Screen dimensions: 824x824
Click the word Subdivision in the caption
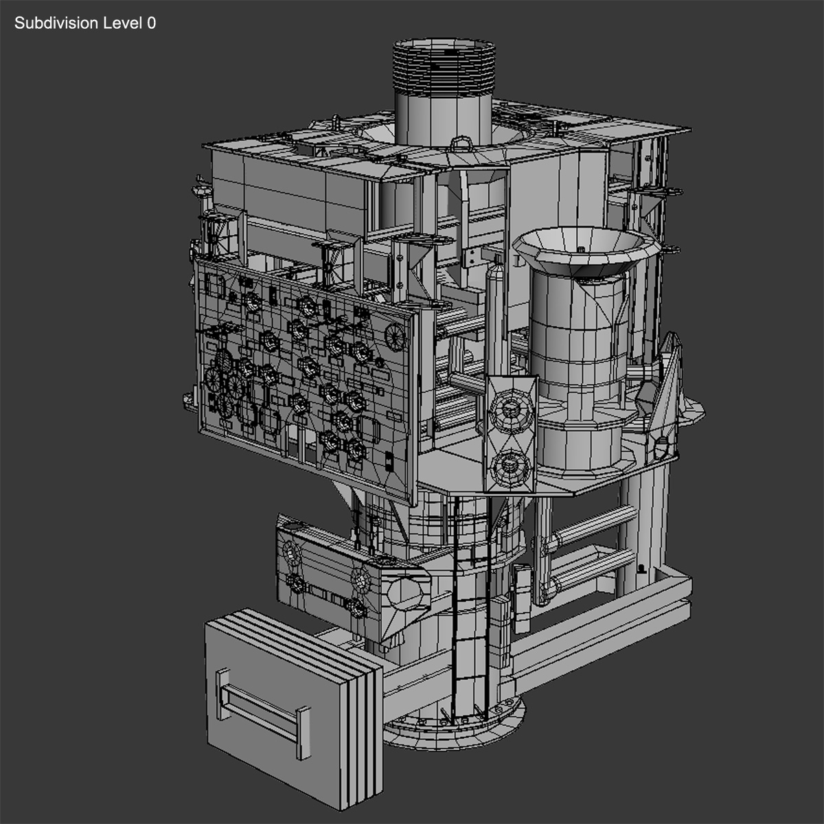point(56,23)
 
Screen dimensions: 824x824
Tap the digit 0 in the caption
point(151,23)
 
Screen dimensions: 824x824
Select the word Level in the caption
point(122,23)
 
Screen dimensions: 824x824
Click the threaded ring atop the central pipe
point(443,65)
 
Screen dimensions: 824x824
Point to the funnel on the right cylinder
point(582,251)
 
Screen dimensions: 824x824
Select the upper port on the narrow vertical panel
point(510,409)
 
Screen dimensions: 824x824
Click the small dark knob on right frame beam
point(641,569)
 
